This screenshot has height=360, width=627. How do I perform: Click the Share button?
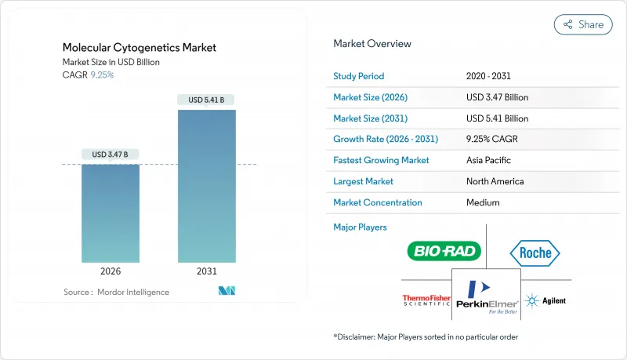coord(583,24)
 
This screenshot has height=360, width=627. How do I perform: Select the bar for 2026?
coord(111,213)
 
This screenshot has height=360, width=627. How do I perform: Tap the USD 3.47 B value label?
coord(111,154)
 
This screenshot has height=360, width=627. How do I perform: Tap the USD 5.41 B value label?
coord(206,100)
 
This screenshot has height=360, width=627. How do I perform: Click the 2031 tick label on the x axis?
coord(206,271)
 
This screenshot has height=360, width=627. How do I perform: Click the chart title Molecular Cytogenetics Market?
coord(140,48)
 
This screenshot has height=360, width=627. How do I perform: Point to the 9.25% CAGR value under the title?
coord(103,75)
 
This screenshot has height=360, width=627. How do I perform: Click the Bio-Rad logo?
coord(444,251)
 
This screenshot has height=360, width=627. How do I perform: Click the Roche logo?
coord(535,253)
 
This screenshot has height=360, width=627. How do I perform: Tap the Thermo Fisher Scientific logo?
coord(426,300)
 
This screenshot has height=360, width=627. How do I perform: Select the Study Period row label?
coord(359,76)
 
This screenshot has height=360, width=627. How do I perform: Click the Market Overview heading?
coord(371,43)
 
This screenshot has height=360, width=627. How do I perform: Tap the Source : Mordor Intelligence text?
coord(116,292)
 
